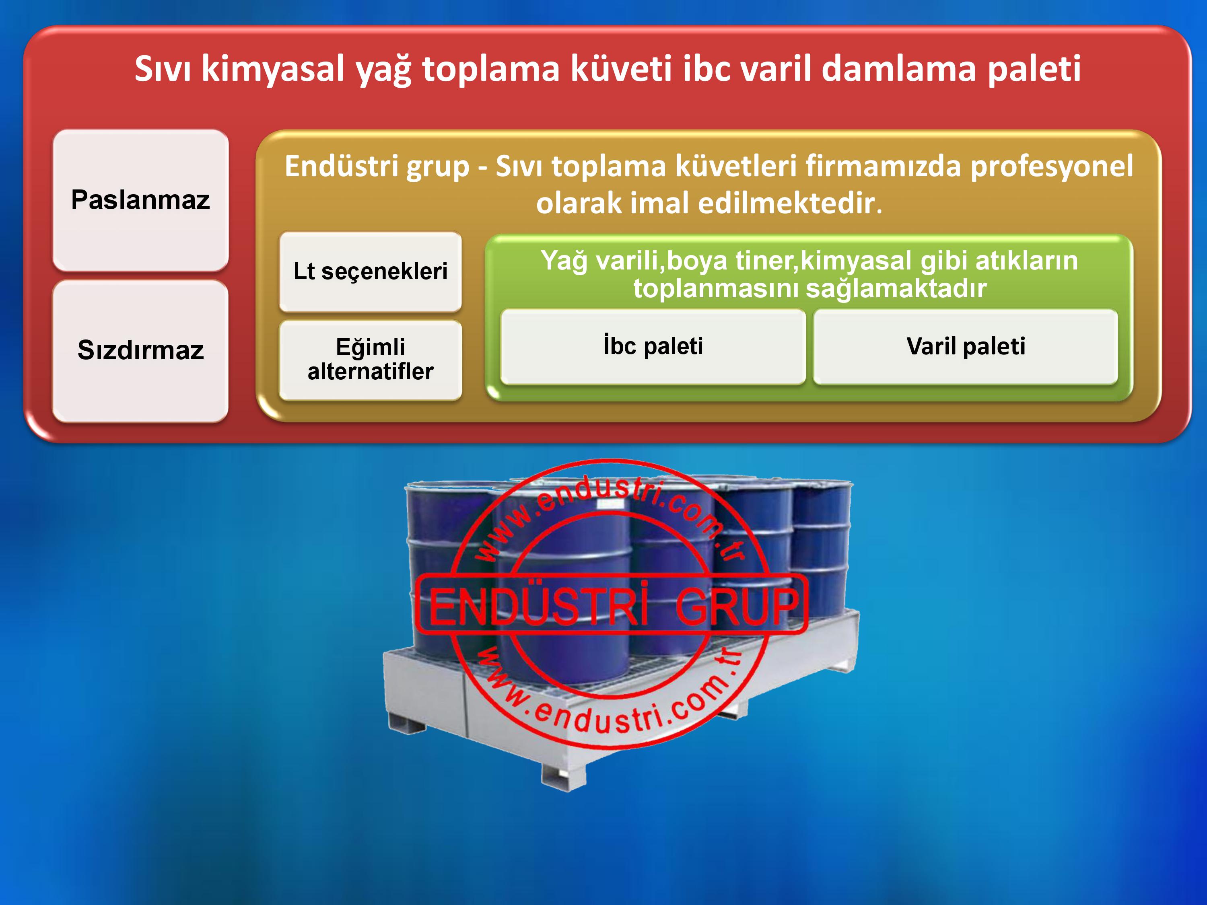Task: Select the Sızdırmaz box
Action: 141,351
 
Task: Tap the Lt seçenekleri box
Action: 371,271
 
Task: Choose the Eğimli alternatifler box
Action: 371,360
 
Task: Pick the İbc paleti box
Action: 653,346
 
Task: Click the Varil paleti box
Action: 966,346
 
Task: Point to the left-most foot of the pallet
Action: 407,721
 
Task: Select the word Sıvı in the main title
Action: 163,69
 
